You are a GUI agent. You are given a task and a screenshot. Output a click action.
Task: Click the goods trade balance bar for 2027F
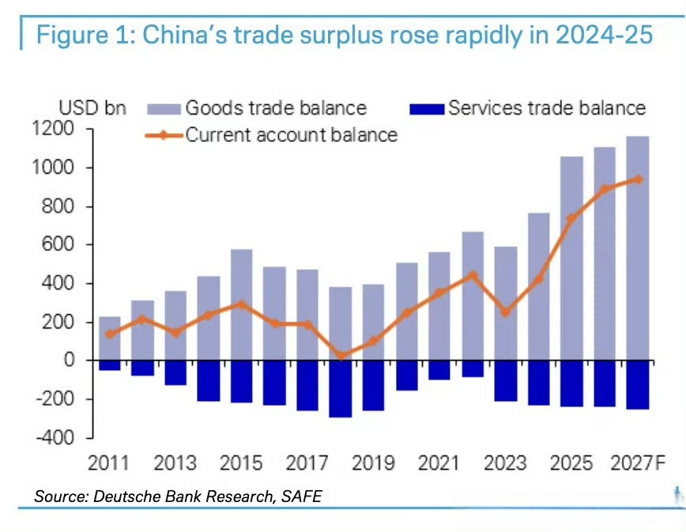click(638, 248)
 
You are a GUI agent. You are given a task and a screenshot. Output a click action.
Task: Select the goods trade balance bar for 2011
click(110, 339)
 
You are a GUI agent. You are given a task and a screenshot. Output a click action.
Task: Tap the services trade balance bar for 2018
click(341, 388)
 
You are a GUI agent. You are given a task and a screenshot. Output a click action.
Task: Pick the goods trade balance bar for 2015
click(242, 305)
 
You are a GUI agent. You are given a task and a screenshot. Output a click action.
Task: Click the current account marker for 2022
click(473, 275)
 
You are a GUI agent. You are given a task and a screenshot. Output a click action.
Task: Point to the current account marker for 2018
click(341, 355)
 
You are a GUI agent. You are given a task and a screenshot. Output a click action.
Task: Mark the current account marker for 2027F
click(639, 179)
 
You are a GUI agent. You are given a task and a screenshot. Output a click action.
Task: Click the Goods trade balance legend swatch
click(164, 109)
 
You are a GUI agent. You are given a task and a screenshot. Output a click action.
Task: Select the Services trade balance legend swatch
click(427, 109)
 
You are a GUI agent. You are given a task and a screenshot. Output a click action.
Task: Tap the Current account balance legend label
click(292, 135)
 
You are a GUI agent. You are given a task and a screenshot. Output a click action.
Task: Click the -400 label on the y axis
click(55, 437)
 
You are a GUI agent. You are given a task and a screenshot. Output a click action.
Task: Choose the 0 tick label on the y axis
click(69, 360)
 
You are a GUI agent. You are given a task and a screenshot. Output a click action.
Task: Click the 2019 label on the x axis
click(373, 463)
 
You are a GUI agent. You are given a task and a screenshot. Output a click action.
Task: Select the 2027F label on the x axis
click(638, 463)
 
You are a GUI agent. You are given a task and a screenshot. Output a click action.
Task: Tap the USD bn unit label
click(92, 108)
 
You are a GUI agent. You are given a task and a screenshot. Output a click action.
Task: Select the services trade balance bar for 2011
click(110, 365)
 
